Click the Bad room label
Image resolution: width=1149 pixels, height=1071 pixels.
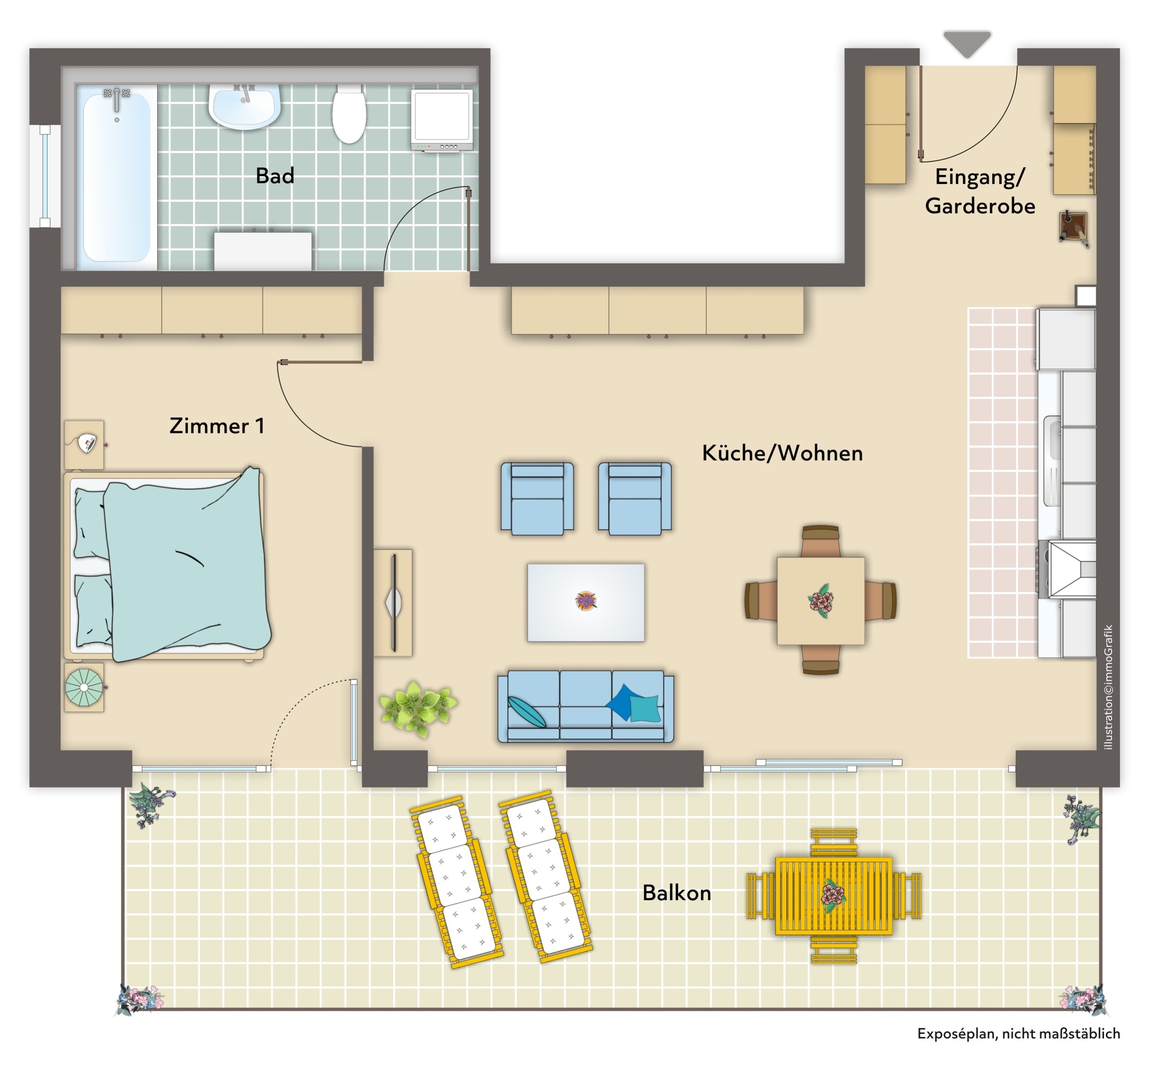pos(275,176)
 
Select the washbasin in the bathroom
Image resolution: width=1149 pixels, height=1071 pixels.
pos(245,107)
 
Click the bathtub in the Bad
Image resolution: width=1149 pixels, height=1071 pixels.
pos(117,176)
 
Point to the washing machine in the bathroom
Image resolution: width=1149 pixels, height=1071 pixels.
pos(442,120)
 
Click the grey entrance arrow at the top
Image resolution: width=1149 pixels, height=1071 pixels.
pos(967,44)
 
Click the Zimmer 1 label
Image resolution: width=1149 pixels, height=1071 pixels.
pos(217,426)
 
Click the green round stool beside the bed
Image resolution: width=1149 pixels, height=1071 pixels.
pos(84,687)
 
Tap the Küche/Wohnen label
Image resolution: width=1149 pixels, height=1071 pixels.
pos(782,453)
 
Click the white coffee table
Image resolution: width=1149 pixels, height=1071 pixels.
pos(586,602)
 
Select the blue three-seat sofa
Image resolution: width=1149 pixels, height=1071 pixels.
pos(586,706)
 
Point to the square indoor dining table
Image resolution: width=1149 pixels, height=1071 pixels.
pos(820,600)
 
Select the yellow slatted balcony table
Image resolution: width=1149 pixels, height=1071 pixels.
pos(833,896)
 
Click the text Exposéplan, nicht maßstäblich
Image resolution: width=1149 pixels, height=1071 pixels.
pos(1018,1033)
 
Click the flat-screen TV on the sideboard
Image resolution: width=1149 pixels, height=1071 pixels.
pos(394,602)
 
